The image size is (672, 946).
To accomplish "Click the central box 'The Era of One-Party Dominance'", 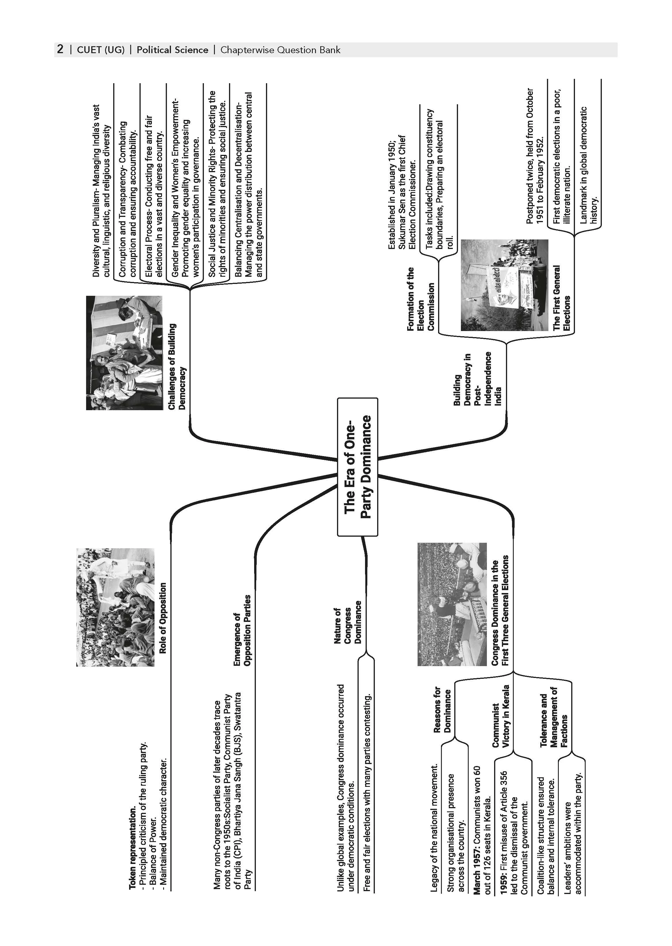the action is coord(358,467).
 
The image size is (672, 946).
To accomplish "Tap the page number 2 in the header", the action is coord(60,50).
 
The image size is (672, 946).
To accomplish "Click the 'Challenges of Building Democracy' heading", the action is coord(177,367).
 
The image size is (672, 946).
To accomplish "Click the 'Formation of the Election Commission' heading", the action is coord(420,299).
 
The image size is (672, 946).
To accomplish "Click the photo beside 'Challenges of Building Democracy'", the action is coord(124,353).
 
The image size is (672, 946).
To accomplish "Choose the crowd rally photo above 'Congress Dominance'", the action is coord(452,604).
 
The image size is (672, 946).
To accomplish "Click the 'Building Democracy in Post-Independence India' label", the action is coord(478,379).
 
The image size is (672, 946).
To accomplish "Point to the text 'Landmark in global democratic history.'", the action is coord(589,166).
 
